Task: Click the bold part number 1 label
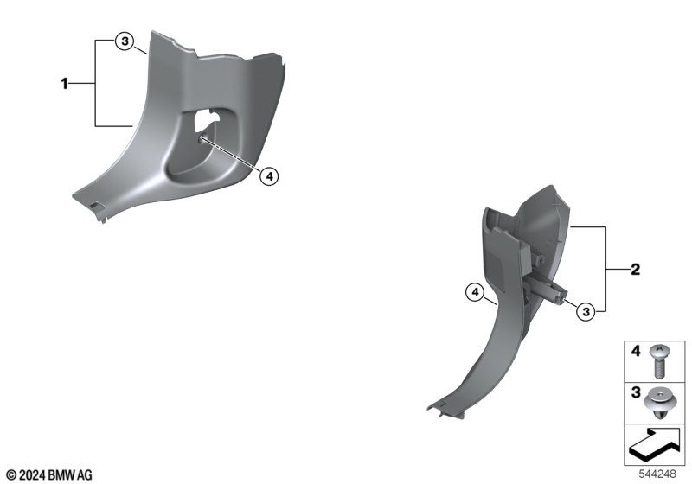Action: coord(64,83)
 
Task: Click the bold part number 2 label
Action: coord(635,270)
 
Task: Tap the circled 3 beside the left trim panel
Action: coord(125,41)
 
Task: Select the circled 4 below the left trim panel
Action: coord(269,177)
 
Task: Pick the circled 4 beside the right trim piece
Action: coord(475,292)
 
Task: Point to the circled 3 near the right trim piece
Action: coord(586,312)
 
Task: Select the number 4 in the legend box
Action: coord(636,351)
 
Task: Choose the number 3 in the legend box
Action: coord(636,392)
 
